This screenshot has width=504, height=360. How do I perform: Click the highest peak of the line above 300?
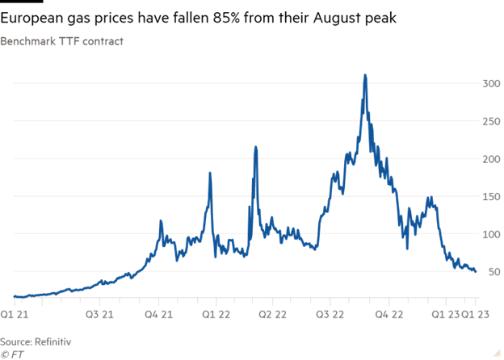pyautogui.click(x=365, y=76)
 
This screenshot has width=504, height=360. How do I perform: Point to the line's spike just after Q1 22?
pyautogui.click(x=210, y=174)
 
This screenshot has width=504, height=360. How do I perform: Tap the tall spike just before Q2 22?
pyautogui.click(x=255, y=148)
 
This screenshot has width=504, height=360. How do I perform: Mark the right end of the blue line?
pyautogui.click(x=475, y=271)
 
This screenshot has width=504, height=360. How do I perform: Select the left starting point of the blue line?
pyautogui.click(x=14, y=297)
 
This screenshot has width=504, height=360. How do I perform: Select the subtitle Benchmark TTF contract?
pyautogui.click(x=62, y=41)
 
